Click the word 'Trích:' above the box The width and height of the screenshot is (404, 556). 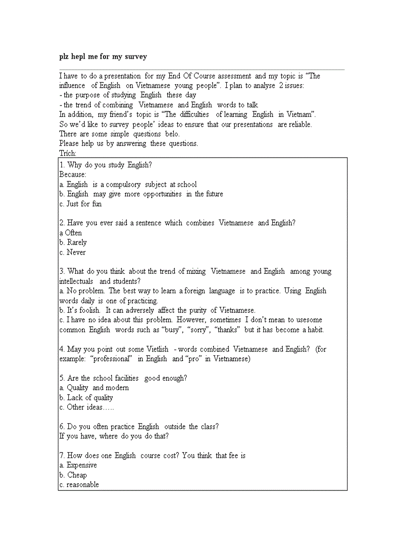68,153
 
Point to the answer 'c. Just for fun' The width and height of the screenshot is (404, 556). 80,203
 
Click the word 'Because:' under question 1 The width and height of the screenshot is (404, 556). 73,174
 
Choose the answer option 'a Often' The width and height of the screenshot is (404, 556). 71,233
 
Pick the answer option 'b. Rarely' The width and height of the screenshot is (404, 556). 73,242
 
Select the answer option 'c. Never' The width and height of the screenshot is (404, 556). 72,252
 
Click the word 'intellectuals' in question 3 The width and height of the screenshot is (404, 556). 76,281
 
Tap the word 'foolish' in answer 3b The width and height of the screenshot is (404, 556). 89,310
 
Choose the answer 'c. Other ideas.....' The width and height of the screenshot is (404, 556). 87,407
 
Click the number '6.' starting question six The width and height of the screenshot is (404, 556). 62,426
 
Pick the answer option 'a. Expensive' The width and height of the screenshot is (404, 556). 78,465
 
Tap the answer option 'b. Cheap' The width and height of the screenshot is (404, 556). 73,475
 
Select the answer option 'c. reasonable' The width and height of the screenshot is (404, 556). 79,485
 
